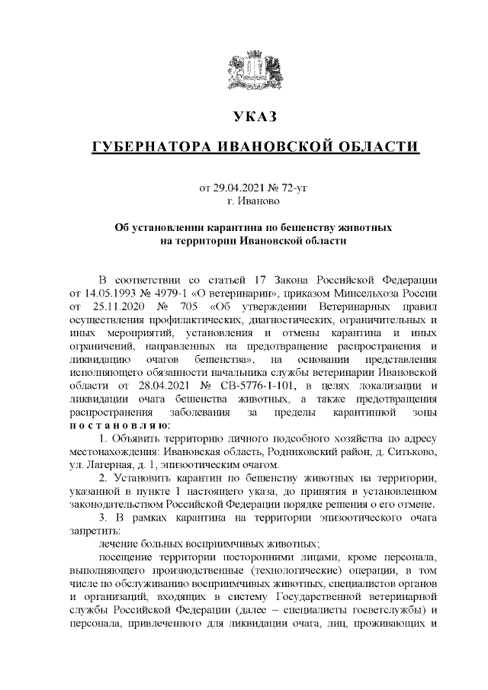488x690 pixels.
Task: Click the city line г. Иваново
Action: point(253,201)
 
